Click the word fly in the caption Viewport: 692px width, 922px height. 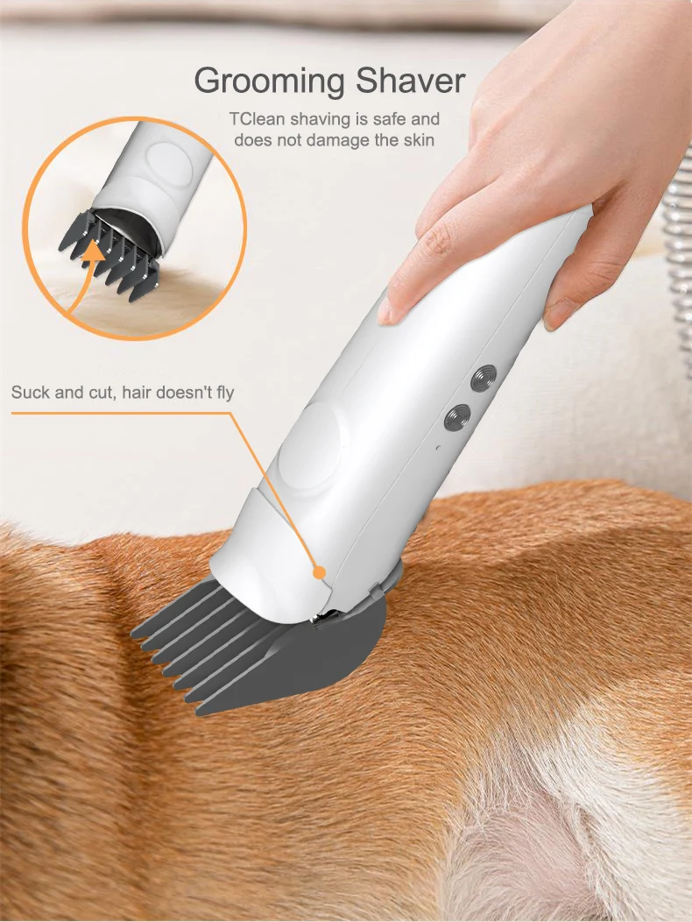(222, 392)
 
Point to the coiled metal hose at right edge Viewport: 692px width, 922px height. (680, 263)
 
